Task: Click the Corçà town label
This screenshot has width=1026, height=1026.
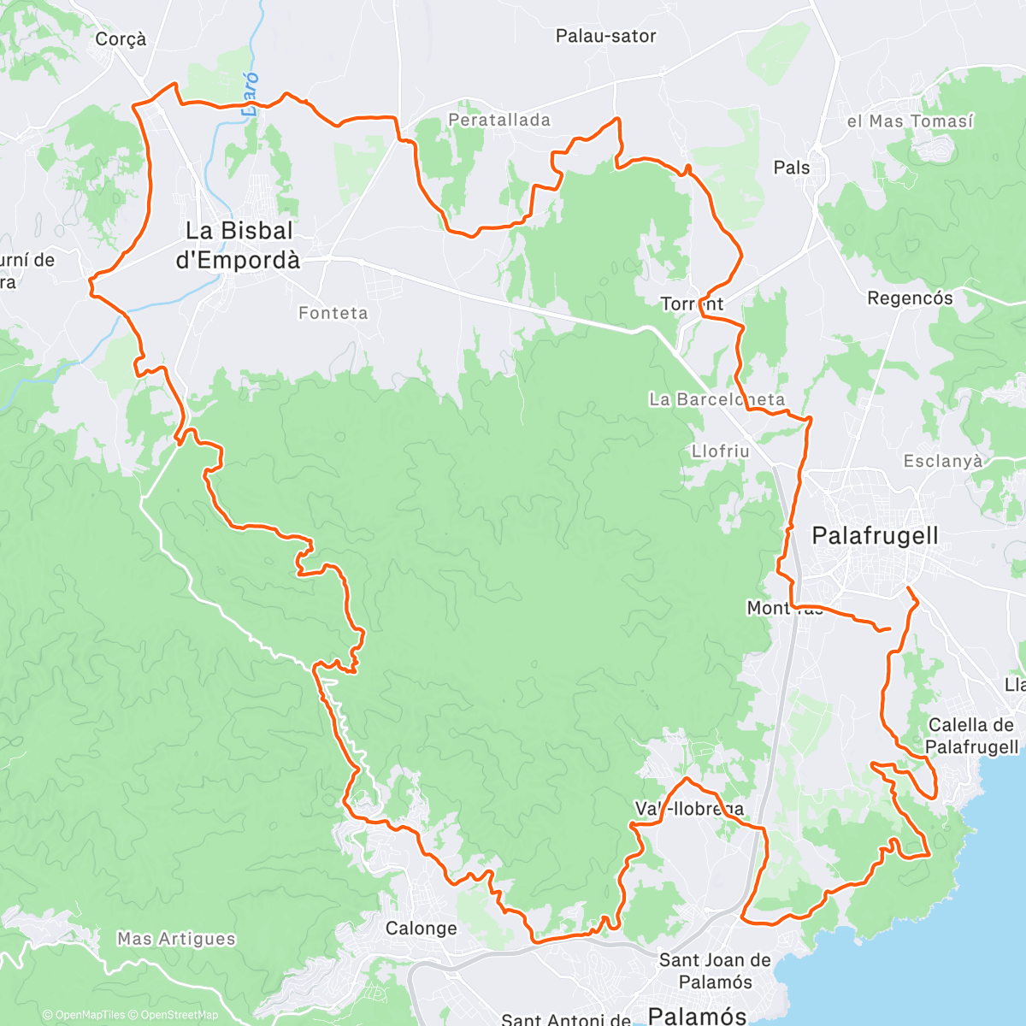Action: [x=121, y=39]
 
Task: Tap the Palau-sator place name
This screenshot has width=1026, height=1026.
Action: [x=605, y=36]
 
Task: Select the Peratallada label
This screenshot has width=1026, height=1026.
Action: [x=499, y=121]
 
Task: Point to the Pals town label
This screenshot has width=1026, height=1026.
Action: [x=791, y=168]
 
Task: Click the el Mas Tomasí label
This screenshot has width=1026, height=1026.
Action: [x=910, y=121]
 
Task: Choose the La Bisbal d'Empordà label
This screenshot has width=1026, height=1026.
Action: [x=239, y=245]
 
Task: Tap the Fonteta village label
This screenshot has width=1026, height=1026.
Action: [x=333, y=314]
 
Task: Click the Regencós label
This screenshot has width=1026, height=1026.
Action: [x=910, y=298]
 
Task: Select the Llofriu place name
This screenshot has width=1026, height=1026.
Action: [x=720, y=451]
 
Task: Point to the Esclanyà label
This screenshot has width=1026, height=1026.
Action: [x=943, y=462]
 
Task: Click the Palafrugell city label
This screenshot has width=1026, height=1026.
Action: [x=875, y=536]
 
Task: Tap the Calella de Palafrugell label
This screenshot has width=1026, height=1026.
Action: [x=972, y=736]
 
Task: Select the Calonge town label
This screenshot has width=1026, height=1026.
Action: [x=421, y=929]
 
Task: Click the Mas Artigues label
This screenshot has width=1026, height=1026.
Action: [x=176, y=939]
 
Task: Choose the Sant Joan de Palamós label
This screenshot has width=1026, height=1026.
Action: [x=716, y=971]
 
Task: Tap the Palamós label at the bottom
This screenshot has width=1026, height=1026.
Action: [x=698, y=1015]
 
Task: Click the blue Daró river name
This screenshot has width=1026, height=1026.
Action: [x=250, y=94]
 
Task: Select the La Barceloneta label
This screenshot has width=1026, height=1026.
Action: [x=716, y=399]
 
